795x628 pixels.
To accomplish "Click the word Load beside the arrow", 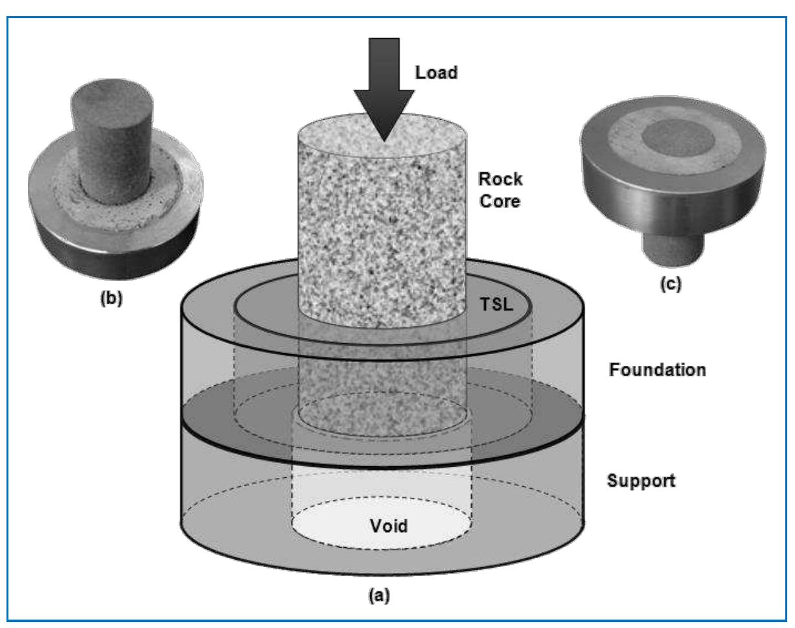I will coord(437,73).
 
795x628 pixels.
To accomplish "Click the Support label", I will coord(641,482).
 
